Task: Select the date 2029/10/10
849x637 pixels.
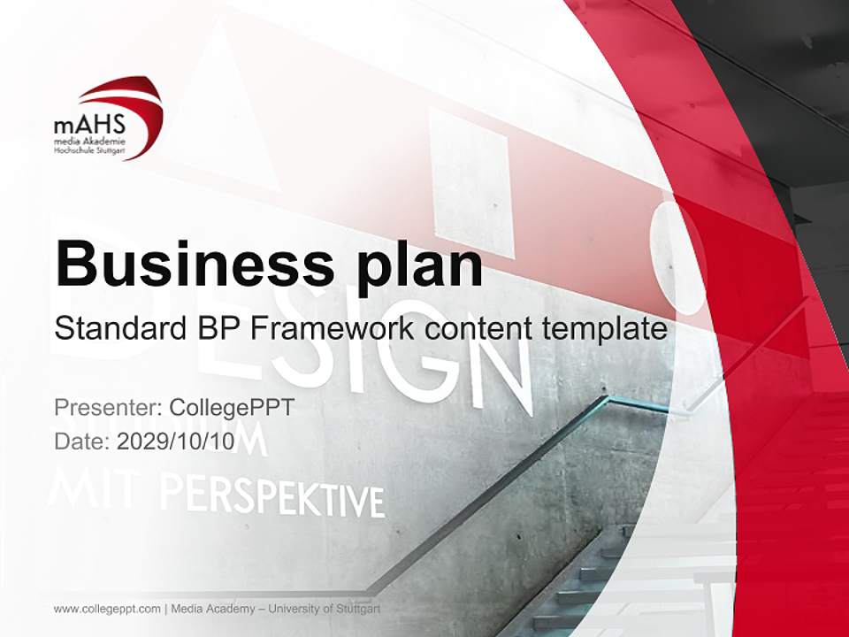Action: [x=176, y=441]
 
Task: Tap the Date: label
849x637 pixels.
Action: [x=81, y=441]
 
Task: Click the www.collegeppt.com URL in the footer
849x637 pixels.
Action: [x=107, y=609]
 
